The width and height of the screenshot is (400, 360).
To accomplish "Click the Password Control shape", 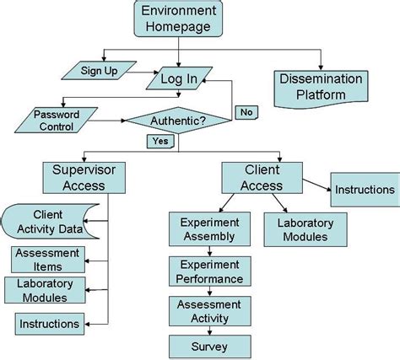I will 57,121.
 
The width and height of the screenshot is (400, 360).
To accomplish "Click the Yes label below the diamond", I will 159,142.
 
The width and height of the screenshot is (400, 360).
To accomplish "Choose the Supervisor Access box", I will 85,178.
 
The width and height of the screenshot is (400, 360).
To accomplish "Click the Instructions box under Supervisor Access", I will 51,323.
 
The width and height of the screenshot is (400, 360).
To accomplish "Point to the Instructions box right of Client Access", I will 364,190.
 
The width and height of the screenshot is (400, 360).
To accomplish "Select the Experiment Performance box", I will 208,271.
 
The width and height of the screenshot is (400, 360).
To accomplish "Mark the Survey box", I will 209,346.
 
